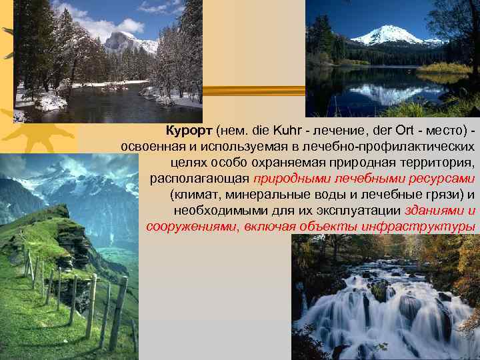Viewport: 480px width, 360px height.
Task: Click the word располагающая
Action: pos(199,178)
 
